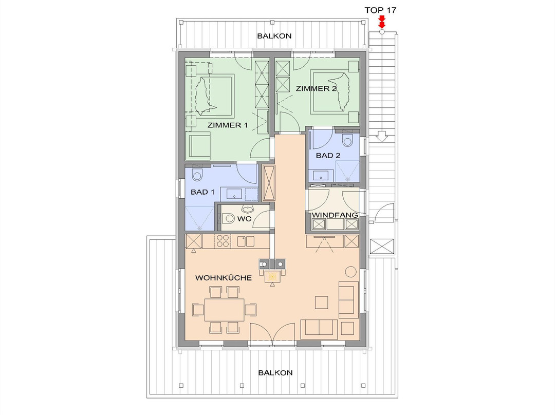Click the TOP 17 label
pos(380,10)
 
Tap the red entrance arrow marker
pos(381,22)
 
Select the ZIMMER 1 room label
pos(228,125)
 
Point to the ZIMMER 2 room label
pos(316,88)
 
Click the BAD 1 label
pos(202,192)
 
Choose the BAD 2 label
pos(328,155)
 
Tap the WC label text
pos(244,219)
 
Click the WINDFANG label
pos(335,215)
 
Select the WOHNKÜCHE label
pos(224,278)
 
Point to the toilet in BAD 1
pos(197,174)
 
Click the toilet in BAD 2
pos(347,140)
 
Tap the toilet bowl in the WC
pos(229,219)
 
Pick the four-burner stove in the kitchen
pos(223,241)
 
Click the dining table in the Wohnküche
pos(225,310)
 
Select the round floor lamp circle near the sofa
pos(351,271)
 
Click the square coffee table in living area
pos(322,303)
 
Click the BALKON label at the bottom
pos(275,372)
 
